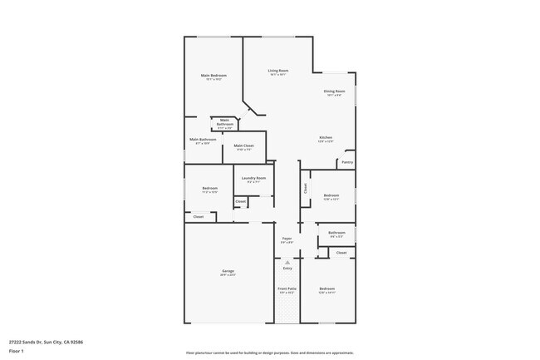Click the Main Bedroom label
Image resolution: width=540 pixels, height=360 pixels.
click(x=214, y=76)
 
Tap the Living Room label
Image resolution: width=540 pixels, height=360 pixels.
click(x=277, y=71)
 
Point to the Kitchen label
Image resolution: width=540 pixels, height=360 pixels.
click(x=326, y=137)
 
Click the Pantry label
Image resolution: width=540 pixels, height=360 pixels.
click(x=347, y=162)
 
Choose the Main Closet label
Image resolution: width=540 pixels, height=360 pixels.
click(x=243, y=145)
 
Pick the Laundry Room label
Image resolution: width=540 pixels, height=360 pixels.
click(x=253, y=178)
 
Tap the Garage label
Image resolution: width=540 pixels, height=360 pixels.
click(x=228, y=271)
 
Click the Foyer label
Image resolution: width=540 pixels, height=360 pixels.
click(x=287, y=238)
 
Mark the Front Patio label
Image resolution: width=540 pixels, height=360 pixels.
click(x=287, y=288)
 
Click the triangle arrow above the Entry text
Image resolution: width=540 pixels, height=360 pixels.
click(x=287, y=262)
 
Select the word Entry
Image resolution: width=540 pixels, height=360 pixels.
click(x=287, y=269)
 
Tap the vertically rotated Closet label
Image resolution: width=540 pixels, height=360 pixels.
click(x=305, y=189)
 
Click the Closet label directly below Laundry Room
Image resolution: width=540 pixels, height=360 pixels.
click(x=240, y=201)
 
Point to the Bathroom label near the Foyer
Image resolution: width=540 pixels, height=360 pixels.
click(x=336, y=233)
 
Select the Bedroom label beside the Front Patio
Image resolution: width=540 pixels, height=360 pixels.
click(x=326, y=288)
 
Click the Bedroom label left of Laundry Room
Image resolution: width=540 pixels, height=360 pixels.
click(x=209, y=188)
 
